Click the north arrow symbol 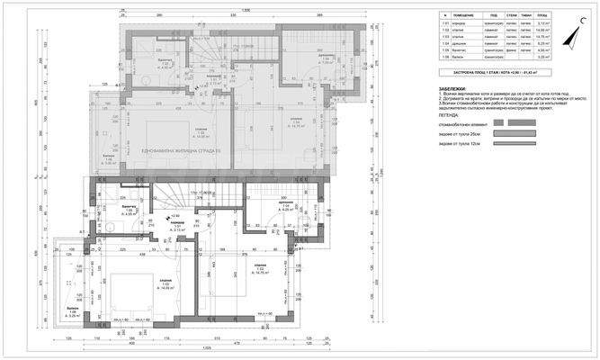569,37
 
